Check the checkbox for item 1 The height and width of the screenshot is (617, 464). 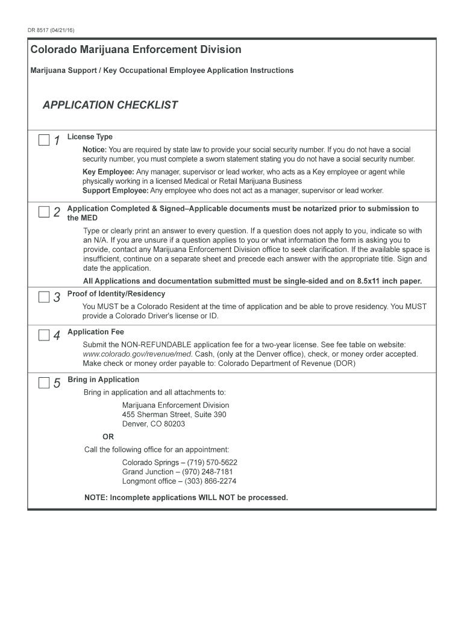[44, 140]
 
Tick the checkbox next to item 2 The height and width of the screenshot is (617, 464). [44, 211]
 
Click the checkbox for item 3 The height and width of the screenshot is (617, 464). [44, 297]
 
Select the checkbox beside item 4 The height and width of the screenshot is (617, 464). [44, 335]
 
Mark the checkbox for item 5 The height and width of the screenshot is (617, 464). [44, 383]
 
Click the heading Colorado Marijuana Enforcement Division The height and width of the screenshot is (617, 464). [136, 49]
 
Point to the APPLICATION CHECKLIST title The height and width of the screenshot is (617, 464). [110, 105]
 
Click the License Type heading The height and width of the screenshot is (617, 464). [90, 137]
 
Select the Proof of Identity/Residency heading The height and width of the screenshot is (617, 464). [116, 294]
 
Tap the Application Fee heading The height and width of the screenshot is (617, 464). [96, 332]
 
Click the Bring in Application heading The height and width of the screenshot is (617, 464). [103, 380]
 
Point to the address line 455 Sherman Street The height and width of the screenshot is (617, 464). [174, 415]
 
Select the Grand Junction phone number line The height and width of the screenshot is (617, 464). [177, 472]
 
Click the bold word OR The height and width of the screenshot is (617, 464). [108, 437]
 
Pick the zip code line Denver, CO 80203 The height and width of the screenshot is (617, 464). [154, 424]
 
